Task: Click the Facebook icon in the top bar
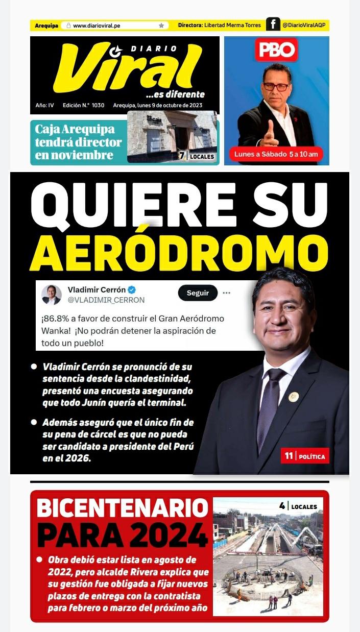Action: [x=273, y=25]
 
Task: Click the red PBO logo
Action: [x=276, y=50]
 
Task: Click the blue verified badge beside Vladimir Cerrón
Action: [x=132, y=290]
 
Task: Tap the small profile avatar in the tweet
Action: [x=52, y=295]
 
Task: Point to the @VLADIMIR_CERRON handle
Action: [x=106, y=300]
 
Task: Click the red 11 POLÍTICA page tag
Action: [x=305, y=456]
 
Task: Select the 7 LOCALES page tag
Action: [x=196, y=156]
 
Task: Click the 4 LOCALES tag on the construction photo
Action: [x=298, y=506]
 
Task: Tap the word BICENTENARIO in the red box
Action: [x=123, y=508]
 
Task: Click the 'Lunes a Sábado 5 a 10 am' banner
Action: [x=276, y=154]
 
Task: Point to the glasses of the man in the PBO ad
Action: [x=276, y=86]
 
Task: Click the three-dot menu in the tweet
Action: [x=227, y=293]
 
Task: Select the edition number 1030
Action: [x=98, y=106]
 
